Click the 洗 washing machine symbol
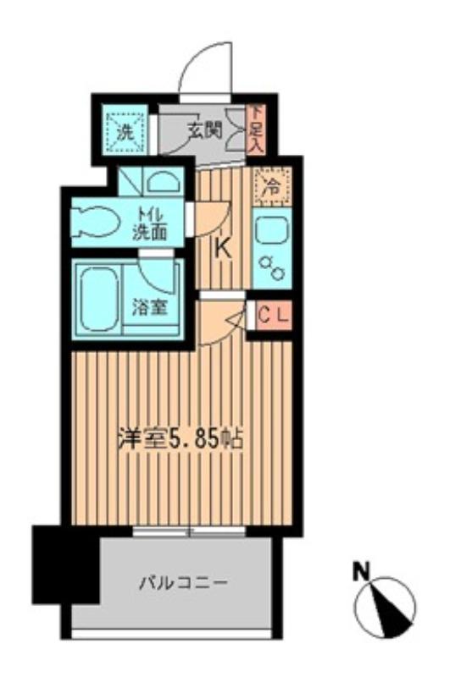(x=125, y=132)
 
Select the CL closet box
(x=273, y=316)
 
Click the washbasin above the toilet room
(x=160, y=181)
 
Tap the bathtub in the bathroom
(x=96, y=298)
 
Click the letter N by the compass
(x=362, y=573)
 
